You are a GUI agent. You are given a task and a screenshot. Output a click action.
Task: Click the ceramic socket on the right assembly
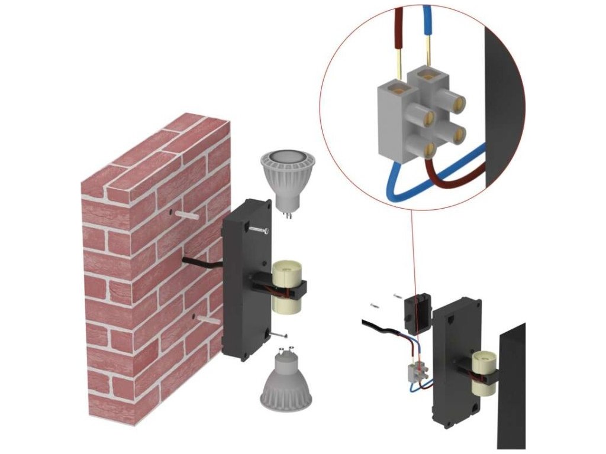point(483,375)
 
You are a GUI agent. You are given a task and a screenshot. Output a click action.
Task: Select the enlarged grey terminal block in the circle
point(414,116)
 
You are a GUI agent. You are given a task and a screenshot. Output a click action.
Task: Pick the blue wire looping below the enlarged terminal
point(408,189)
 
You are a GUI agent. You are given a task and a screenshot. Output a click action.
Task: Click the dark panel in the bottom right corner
point(511,384)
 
